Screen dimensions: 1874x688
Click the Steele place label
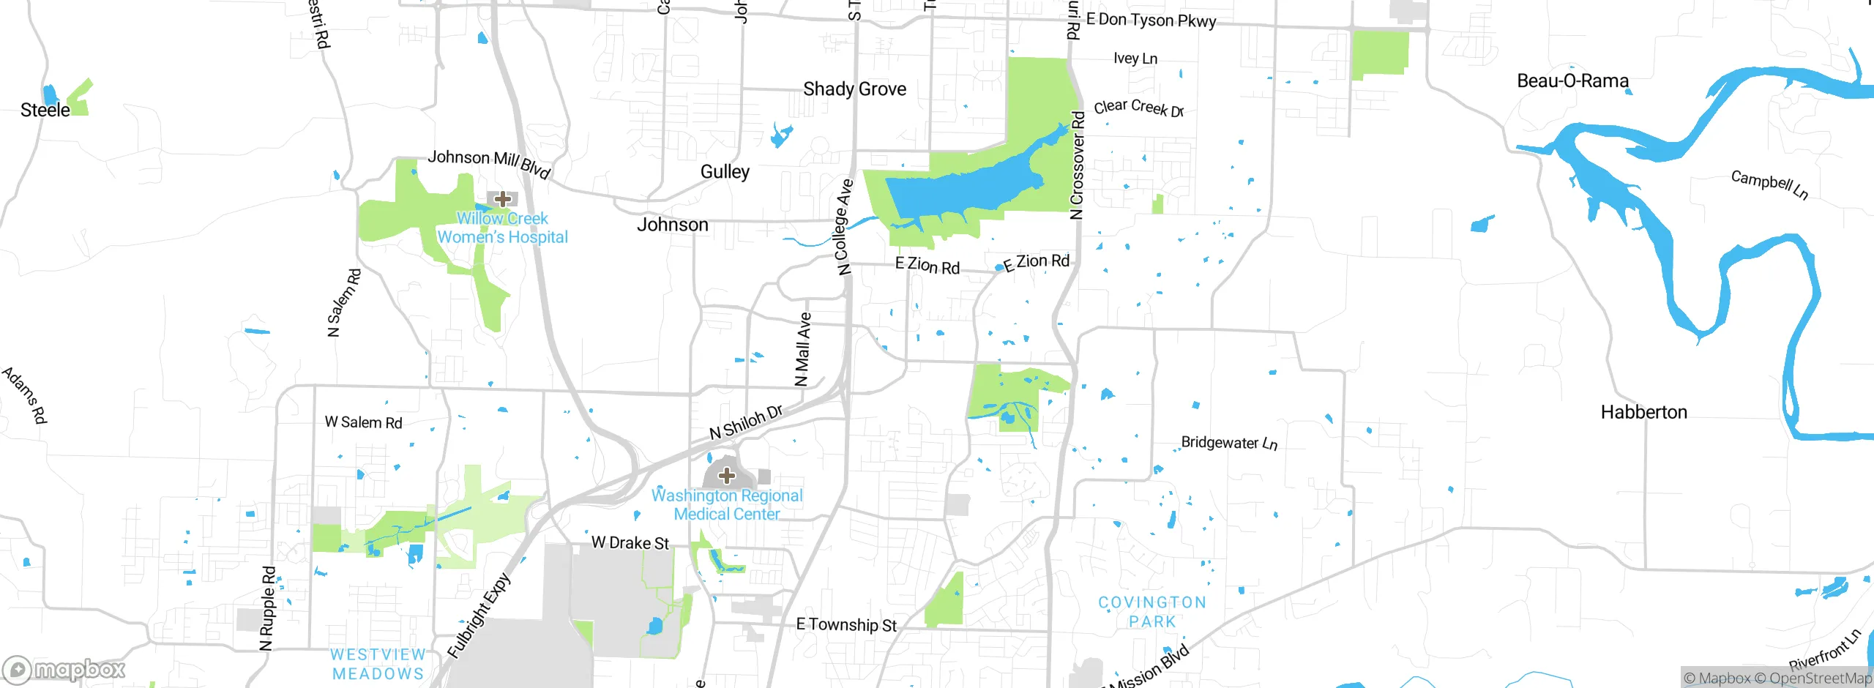(x=45, y=111)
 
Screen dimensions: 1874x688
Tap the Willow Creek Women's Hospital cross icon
(x=503, y=199)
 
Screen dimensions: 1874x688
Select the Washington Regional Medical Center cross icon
(x=726, y=476)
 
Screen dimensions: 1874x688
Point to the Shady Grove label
(x=854, y=89)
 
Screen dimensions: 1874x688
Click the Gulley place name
(x=725, y=172)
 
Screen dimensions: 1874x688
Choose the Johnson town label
(x=672, y=225)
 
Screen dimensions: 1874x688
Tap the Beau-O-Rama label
(x=1572, y=81)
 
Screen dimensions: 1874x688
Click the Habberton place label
(x=1643, y=412)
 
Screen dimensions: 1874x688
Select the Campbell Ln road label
(x=1769, y=184)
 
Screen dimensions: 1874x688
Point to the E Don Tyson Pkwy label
(x=1151, y=20)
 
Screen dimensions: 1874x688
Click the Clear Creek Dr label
(x=1138, y=108)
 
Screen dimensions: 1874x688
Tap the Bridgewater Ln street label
(x=1229, y=443)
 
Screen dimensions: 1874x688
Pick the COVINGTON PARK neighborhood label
(x=1152, y=612)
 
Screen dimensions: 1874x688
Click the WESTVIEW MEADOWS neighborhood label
(x=378, y=664)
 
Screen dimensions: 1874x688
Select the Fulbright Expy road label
(x=479, y=616)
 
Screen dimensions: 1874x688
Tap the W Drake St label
(x=630, y=543)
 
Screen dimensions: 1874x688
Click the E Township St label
(x=845, y=625)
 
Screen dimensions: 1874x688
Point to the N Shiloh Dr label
(x=746, y=422)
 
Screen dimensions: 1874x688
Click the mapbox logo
(x=64, y=669)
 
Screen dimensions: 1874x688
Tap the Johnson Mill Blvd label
(x=489, y=162)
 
